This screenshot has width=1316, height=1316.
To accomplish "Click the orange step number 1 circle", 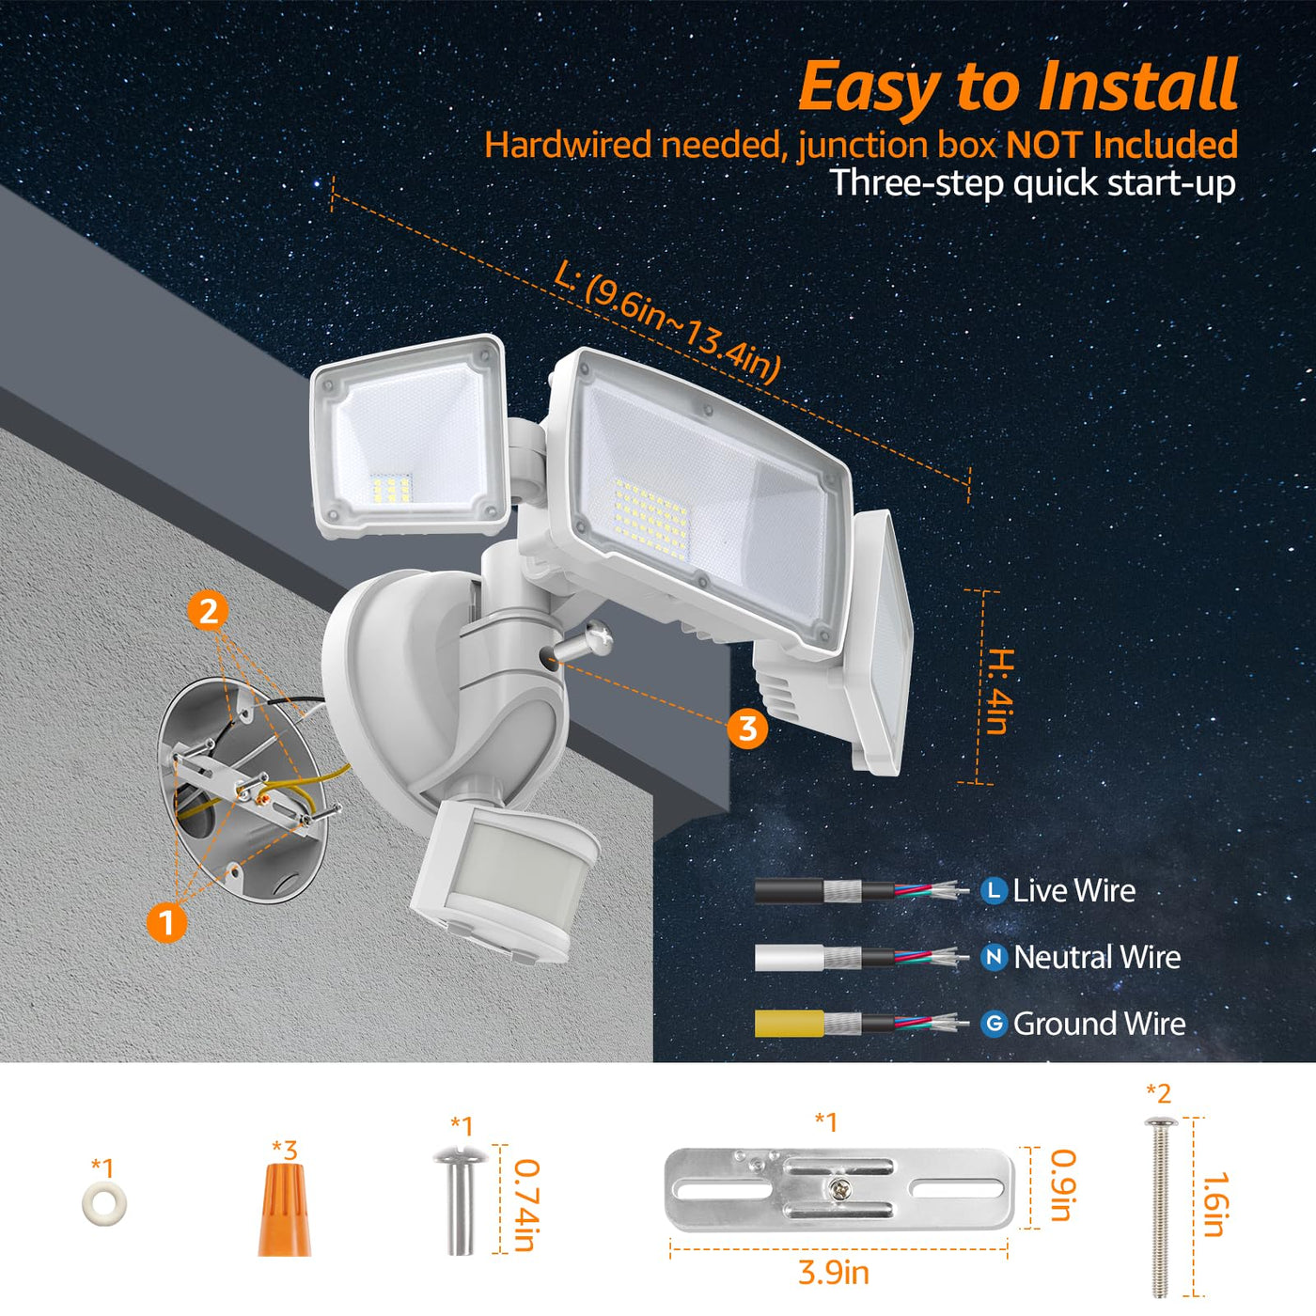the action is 166,922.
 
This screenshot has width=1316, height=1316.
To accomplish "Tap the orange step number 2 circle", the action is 209,611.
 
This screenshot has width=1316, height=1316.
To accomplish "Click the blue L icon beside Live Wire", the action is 995,890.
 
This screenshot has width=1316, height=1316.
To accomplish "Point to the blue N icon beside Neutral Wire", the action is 995,958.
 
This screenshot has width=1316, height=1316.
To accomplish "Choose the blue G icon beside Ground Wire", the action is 995,1024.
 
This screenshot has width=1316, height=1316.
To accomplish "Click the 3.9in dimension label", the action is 833,1273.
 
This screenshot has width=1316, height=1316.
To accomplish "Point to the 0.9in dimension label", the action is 1062,1185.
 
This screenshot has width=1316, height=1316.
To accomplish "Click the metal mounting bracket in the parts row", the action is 839,1190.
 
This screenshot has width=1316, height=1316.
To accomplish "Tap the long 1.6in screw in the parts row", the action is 1159,1207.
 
